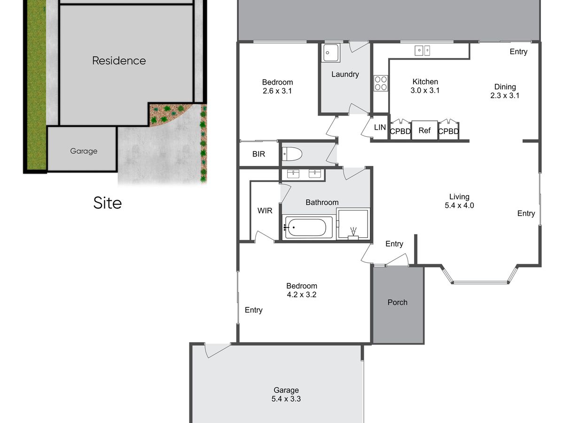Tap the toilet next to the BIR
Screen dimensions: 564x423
click(292, 154)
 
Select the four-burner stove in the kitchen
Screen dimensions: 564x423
click(381, 83)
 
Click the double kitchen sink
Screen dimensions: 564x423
click(422, 50)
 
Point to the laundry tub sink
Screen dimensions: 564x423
click(331, 53)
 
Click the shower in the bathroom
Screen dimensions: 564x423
click(353, 224)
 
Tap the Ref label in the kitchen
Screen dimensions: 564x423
click(424, 131)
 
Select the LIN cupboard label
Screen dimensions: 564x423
click(380, 127)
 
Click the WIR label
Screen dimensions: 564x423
click(265, 211)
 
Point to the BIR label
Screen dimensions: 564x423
click(258, 154)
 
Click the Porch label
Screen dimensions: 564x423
click(397, 302)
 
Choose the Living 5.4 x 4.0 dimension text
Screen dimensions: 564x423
click(459, 205)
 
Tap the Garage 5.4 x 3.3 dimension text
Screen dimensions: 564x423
click(286, 399)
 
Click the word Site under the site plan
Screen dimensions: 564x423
click(108, 203)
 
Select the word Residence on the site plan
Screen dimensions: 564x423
click(119, 61)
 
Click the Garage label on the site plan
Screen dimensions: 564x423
click(84, 151)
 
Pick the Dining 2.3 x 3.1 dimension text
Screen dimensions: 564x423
click(505, 95)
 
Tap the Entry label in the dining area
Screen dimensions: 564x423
click(518, 52)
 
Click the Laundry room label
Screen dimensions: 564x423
click(345, 74)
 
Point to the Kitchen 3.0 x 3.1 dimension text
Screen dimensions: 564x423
click(425, 90)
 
